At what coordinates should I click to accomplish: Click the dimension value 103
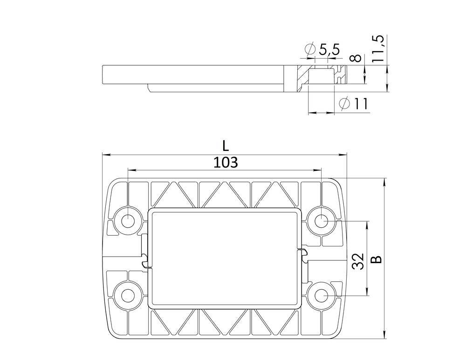click(226, 163)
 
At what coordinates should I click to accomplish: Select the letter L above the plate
click(226, 146)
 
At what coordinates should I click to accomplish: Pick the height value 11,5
click(378, 49)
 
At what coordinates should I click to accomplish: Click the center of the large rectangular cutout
click(225, 258)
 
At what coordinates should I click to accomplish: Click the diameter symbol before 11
click(344, 104)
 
